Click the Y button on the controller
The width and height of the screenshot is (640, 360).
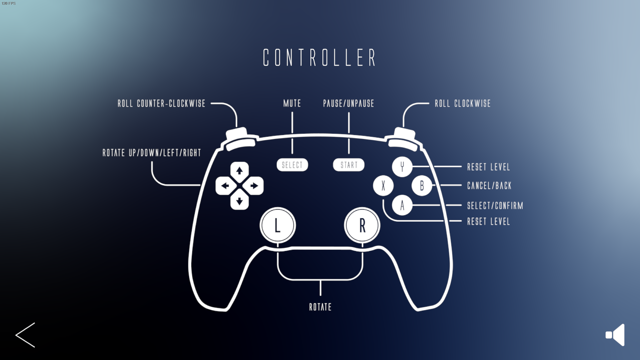pyautogui.click(x=402, y=166)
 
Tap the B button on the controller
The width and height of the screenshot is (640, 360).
pyautogui.click(x=422, y=186)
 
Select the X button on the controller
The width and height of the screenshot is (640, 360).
pyautogui.click(x=383, y=186)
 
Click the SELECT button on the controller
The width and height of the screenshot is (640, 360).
pyautogui.click(x=292, y=165)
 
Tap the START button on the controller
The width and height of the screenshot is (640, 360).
pyautogui.click(x=349, y=165)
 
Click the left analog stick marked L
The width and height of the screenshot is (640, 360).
pyautogui.click(x=277, y=225)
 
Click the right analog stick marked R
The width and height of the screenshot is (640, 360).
pyautogui.click(x=362, y=225)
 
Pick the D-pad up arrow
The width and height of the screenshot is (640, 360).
pyautogui.click(x=239, y=171)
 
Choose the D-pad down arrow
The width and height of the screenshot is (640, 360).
pyautogui.click(x=239, y=201)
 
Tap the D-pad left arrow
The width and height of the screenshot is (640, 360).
pyautogui.click(x=225, y=186)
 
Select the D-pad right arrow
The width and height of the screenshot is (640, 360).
pyautogui.click(x=254, y=186)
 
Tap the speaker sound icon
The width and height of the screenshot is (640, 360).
pyautogui.click(x=615, y=335)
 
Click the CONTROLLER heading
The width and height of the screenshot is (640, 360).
pyautogui.click(x=320, y=57)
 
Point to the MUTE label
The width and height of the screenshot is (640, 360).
pyautogui.click(x=292, y=103)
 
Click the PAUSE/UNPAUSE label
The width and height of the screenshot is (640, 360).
pyautogui.click(x=349, y=103)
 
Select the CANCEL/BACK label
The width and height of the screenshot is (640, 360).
pyautogui.click(x=489, y=186)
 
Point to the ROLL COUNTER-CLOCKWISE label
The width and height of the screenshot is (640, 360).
pyautogui.click(x=161, y=103)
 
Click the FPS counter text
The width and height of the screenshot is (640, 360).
pyautogui.click(x=9, y=3)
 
